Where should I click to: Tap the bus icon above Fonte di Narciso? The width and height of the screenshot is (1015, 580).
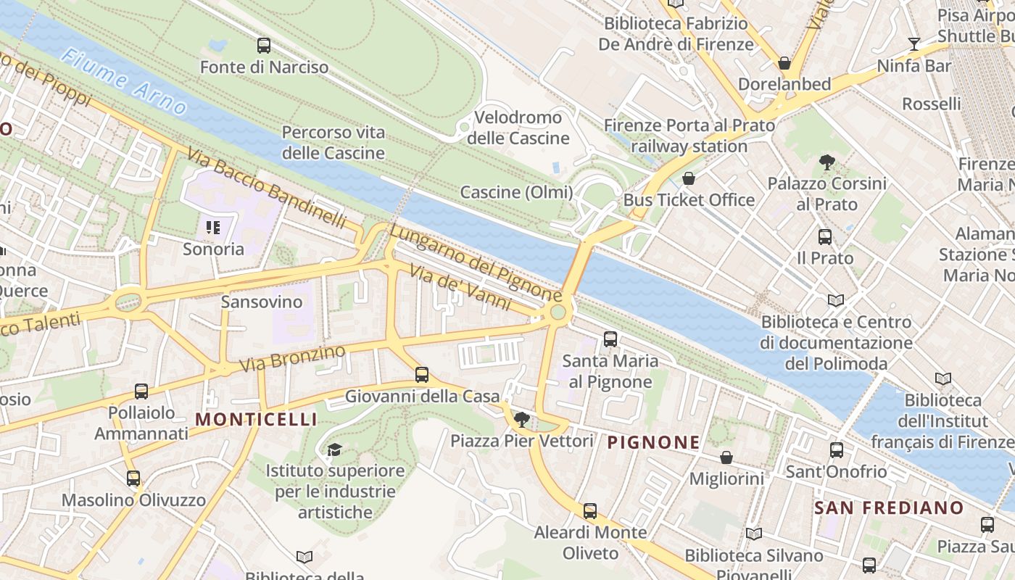(264, 46)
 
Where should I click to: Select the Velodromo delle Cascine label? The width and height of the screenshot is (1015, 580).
(518, 128)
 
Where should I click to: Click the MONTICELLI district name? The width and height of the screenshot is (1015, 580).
(256, 419)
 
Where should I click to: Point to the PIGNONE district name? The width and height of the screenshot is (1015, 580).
(653, 442)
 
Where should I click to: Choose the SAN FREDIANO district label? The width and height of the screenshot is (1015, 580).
(889, 507)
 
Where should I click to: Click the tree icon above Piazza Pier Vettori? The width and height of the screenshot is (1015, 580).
(521, 419)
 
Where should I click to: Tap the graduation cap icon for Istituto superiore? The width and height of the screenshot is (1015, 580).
(334, 450)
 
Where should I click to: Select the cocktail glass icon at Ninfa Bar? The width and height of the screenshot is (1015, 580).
(913, 44)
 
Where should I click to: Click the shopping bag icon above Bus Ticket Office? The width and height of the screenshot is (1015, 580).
(689, 178)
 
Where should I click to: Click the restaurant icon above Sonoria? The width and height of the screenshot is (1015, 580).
(213, 228)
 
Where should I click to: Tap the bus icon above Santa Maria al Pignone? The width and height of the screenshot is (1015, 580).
(610, 339)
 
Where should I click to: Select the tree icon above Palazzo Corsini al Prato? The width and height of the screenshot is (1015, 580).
(826, 162)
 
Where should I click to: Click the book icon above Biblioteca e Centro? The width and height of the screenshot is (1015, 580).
(835, 300)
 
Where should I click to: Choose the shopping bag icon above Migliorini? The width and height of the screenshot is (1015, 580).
(726, 457)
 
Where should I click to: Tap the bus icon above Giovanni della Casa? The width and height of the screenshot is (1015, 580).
(422, 375)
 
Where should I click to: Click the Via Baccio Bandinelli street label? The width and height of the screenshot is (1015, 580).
(266, 188)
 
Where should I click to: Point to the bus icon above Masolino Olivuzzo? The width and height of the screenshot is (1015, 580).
(133, 478)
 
